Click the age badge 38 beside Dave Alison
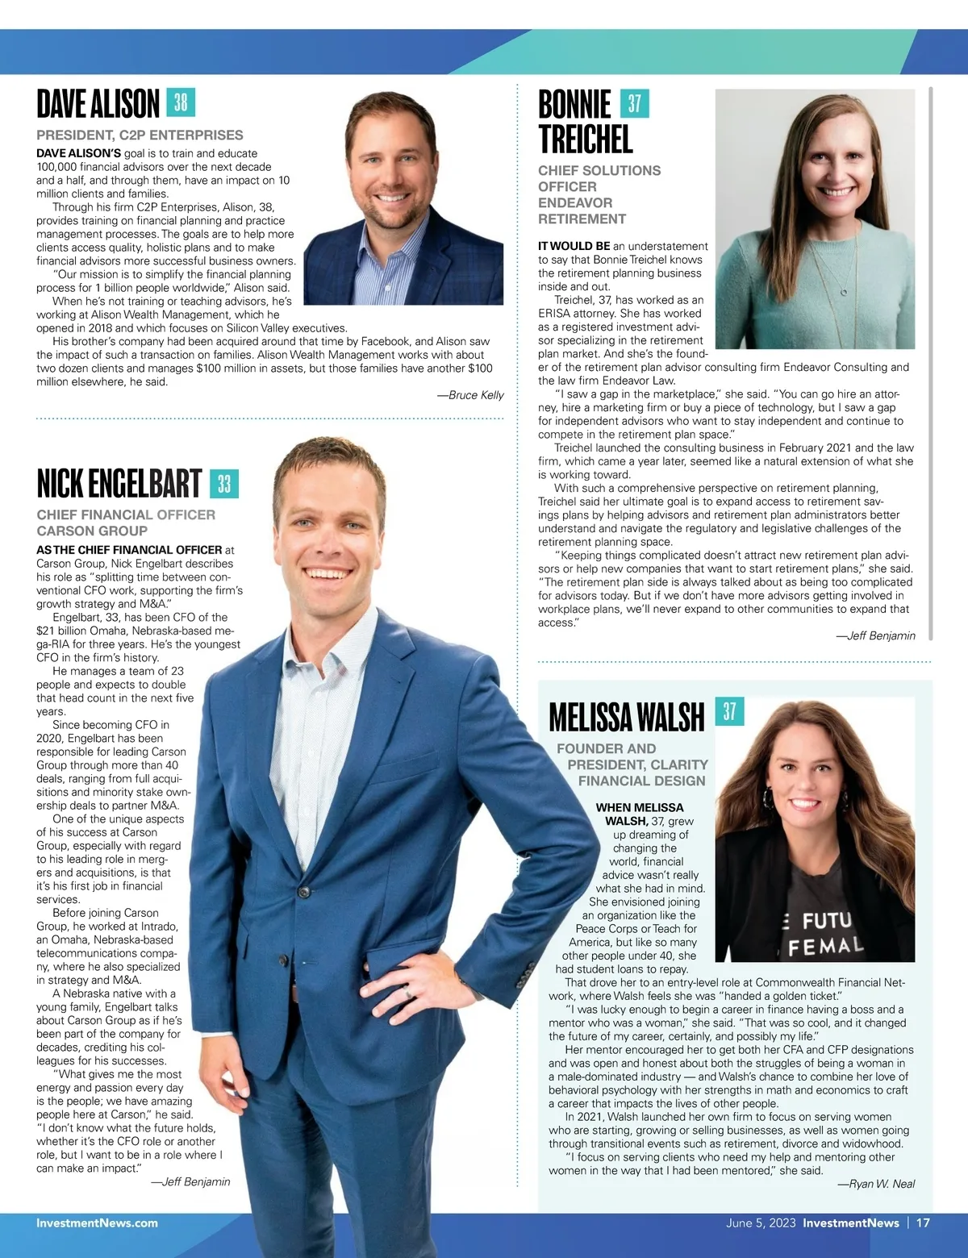pos(181,103)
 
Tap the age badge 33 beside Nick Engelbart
pos(224,484)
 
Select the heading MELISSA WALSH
pos(626,716)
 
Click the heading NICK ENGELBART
pos(119,484)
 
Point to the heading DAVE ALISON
pos(98,104)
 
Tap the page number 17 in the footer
pos(923,1223)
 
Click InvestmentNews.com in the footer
pos(97,1223)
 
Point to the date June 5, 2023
pos(760,1223)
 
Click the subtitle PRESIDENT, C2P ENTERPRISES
pos(140,135)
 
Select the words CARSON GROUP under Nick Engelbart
pos(92,531)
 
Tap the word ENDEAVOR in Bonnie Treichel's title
pos(575,202)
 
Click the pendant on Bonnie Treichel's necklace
pos(844,292)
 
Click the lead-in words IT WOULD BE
pos(574,246)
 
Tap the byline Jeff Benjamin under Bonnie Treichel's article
pos(875,635)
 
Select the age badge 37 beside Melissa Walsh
pos(729,711)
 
